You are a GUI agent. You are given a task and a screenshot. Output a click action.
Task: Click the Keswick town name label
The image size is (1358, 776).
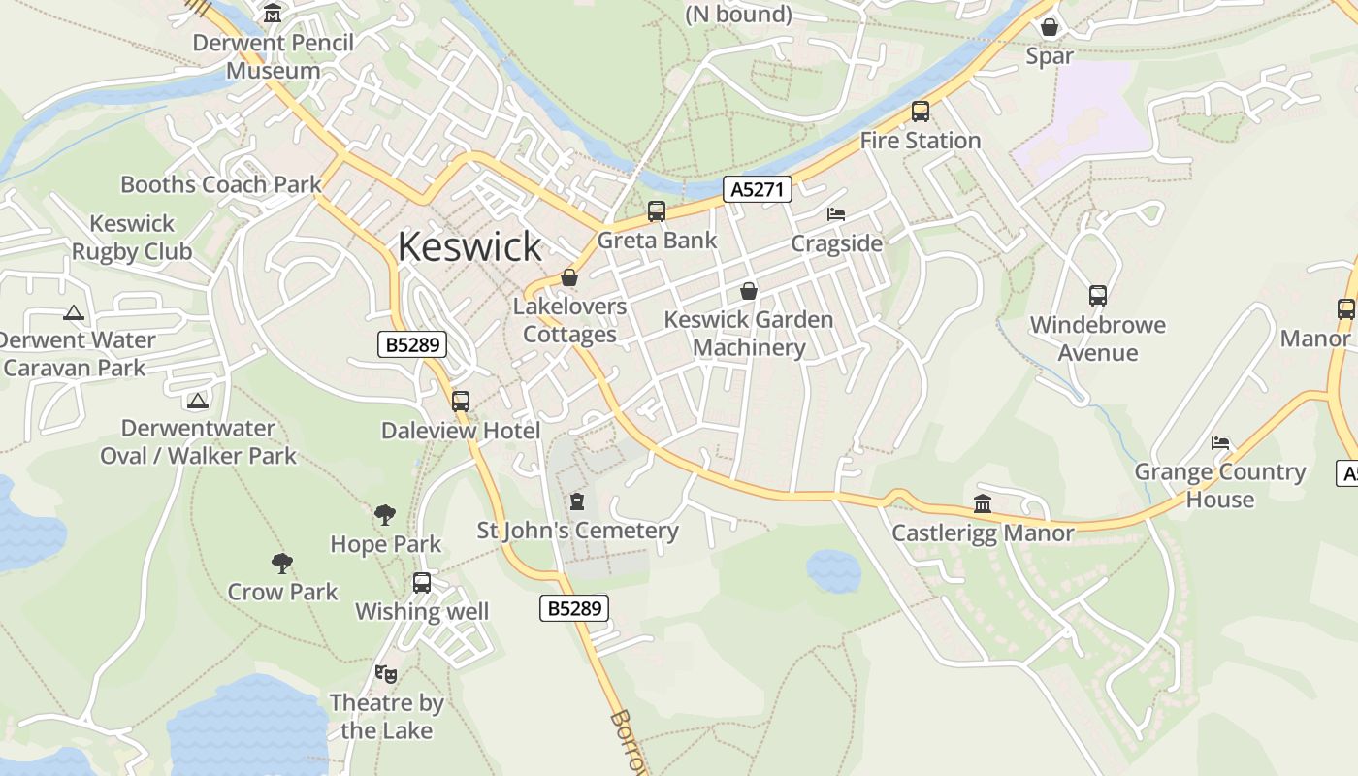pos(469,246)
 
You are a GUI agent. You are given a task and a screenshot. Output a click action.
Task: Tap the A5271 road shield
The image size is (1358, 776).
pos(757,189)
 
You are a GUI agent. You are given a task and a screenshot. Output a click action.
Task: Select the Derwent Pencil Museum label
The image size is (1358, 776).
pos(273,56)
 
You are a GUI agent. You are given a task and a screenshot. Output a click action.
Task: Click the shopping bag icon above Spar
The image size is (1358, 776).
pos(1049,26)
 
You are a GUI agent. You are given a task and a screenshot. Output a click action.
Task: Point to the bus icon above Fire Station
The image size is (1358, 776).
pos(920,112)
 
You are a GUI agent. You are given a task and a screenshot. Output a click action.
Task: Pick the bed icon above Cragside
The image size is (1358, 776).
pos(836,214)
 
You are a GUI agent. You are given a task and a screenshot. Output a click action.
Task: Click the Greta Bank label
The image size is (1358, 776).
pos(657,241)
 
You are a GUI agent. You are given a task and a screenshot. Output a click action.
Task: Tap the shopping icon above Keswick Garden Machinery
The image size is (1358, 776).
pos(748,290)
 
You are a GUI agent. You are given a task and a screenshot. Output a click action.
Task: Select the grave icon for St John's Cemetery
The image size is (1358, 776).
pos(577,501)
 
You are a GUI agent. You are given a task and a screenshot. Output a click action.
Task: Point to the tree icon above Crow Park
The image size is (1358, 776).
pos(282,563)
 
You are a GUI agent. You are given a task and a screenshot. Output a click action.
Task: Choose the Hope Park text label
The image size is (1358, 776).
pos(386,544)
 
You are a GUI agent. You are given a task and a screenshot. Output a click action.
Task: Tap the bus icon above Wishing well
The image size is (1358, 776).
pos(421,583)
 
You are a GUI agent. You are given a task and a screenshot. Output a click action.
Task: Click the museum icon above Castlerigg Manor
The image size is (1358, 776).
pos(982,503)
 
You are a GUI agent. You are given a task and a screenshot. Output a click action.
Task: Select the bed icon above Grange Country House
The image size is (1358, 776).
pos(1220,443)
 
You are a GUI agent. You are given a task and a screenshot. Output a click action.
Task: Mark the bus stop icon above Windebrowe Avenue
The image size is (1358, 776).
pos(1097,296)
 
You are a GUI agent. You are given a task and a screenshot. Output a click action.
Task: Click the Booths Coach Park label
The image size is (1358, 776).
pos(220,184)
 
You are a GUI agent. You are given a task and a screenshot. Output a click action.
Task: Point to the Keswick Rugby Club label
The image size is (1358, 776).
pos(132,238)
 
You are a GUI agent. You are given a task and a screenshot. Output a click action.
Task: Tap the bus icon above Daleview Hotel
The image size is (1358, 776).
pos(460,402)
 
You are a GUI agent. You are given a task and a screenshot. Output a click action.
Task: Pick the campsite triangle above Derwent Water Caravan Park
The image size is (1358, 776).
pos(73,312)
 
